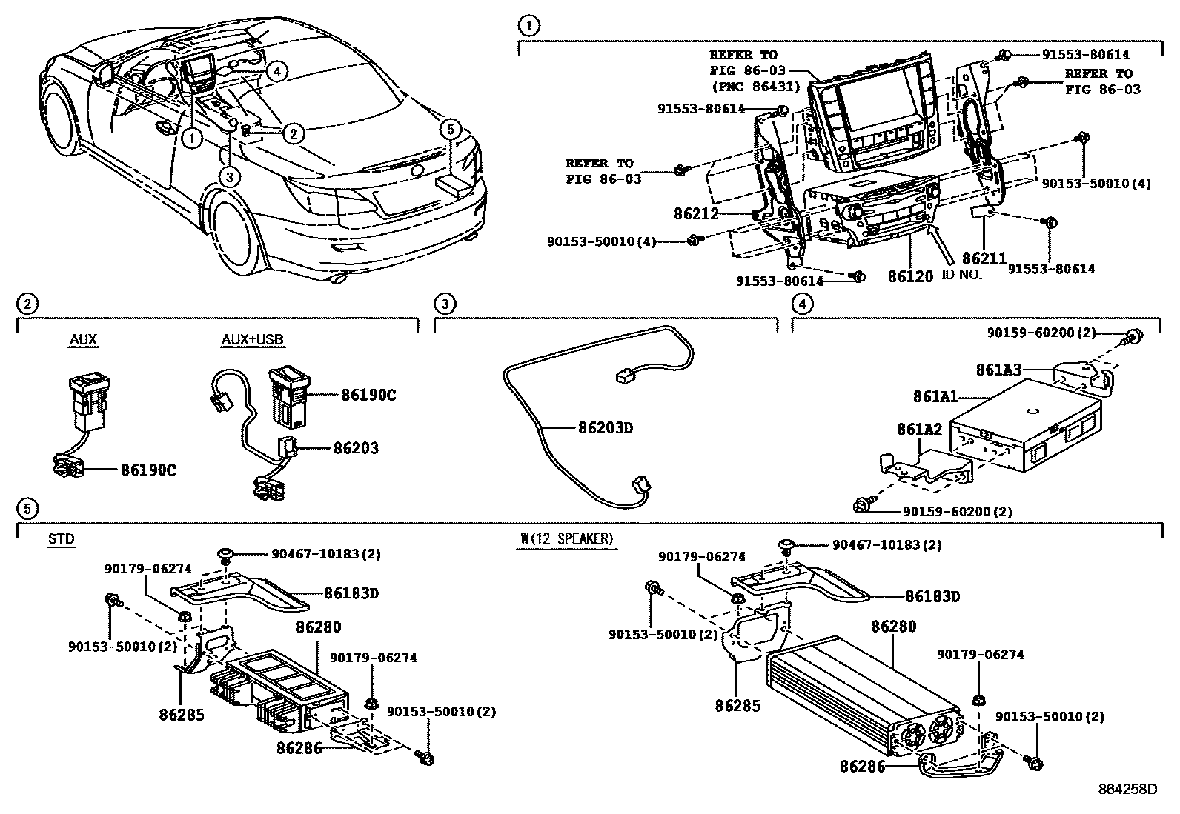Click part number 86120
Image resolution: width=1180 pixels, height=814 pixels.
click(910, 276)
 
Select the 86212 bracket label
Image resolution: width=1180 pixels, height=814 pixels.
click(696, 214)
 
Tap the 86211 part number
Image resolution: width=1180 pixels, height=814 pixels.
click(984, 258)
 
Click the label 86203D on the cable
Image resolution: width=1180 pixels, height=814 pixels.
click(605, 427)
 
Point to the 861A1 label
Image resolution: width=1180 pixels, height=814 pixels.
click(935, 397)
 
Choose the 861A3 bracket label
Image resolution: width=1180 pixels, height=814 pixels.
click(999, 370)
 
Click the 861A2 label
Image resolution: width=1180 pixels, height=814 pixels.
click(919, 429)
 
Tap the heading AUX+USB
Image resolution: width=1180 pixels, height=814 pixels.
click(252, 340)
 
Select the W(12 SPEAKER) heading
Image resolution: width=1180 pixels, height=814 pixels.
click(567, 538)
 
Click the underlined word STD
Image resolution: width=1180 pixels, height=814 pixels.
click(61, 538)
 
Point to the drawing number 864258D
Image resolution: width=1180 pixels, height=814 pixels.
click(1127, 789)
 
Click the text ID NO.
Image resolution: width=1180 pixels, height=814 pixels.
click(961, 274)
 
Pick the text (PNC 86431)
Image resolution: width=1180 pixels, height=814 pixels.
click(755, 86)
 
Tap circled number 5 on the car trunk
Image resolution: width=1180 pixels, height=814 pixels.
click(450, 130)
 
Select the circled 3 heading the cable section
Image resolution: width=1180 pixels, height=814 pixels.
click(443, 303)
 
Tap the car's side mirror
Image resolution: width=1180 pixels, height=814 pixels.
click(104, 73)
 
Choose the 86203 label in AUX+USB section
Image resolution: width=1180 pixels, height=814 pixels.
click(356, 447)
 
